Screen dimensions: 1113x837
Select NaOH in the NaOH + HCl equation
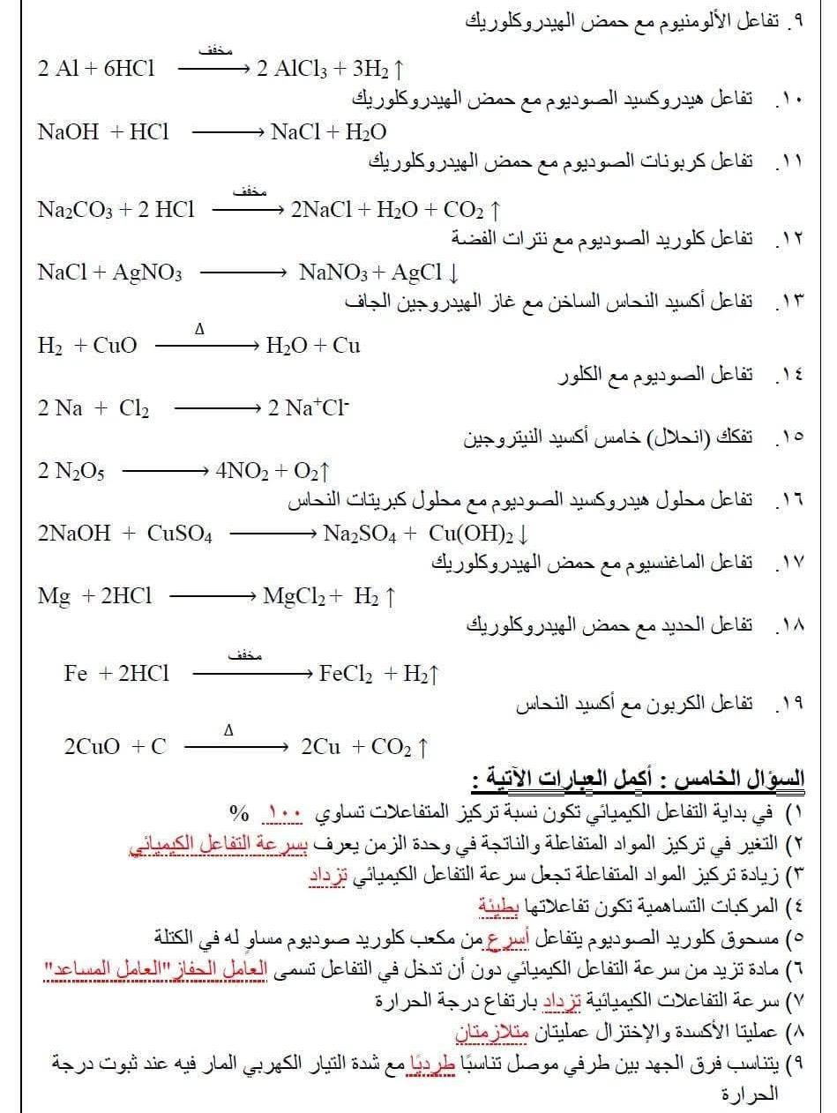click(68, 132)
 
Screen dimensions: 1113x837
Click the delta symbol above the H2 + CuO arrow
click(199, 330)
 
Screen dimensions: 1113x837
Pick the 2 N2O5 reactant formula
click(71, 472)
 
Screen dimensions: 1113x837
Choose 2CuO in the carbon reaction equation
click(93, 747)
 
